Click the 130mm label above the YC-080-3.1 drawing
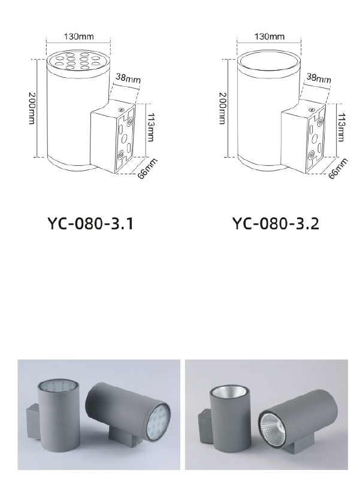(78, 37)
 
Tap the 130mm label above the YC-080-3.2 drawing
(270, 37)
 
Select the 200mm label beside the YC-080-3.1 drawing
(32, 108)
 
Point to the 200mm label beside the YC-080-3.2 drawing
(222, 108)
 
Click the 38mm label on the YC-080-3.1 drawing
(128, 78)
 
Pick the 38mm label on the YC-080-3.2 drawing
(319, 78)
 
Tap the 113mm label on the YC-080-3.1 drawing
(150, 127)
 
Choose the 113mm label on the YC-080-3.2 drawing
(341, 127)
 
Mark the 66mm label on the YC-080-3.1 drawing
(147, 169)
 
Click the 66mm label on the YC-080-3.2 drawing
(338, 169)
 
